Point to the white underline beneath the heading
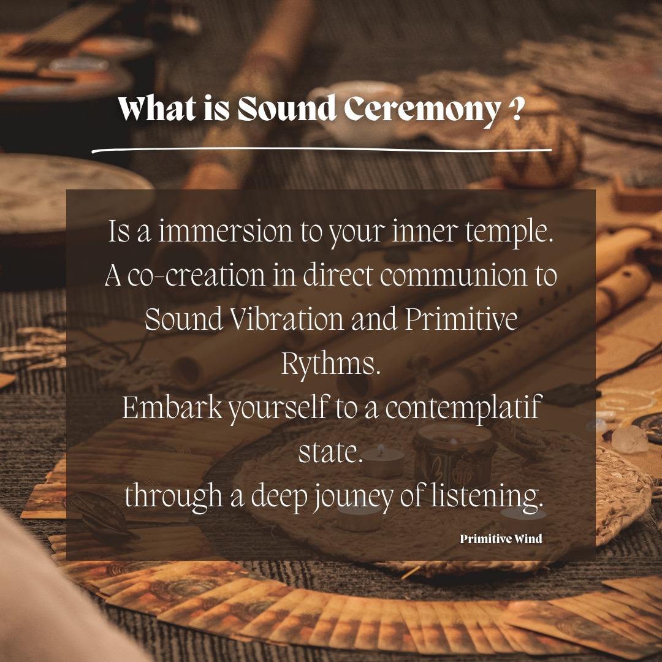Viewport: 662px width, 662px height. coord(321,149)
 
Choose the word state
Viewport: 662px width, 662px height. coord(331,452)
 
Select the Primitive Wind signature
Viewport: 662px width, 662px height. coord(501,539)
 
